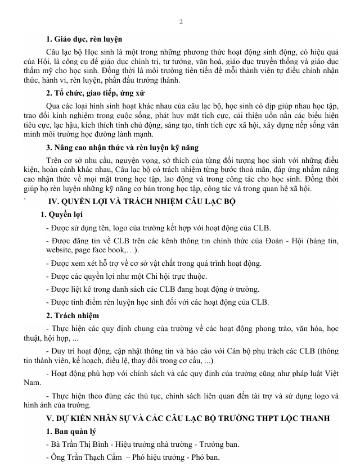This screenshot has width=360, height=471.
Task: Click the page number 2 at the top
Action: pyautogui.click(x=180, y=22)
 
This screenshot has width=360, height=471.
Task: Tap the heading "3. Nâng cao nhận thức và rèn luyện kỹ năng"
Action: pyautogui.click(x=122, y=148)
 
